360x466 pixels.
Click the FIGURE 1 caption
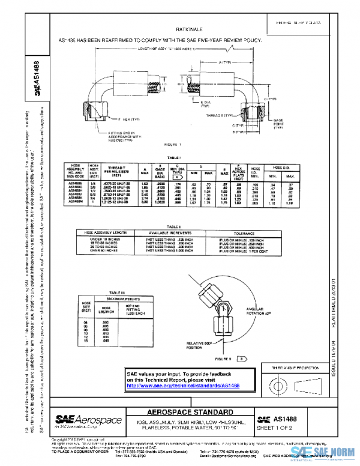point(174,145)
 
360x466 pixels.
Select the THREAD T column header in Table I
point(116,169)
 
